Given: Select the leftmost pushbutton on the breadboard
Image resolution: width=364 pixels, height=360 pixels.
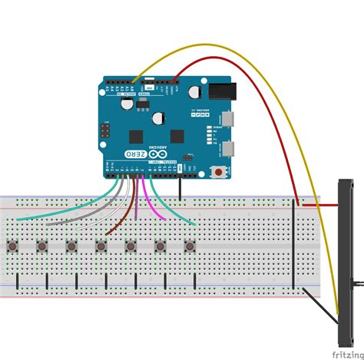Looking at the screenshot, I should [15, 246].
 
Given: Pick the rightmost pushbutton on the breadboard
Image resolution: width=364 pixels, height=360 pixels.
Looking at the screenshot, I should [188, 246].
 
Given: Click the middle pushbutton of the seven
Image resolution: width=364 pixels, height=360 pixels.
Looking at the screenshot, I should [101, 246].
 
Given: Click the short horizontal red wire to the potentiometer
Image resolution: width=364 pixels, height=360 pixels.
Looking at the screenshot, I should [319, 206].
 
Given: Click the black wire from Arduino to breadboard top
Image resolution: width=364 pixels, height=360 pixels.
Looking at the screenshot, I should [180, 188].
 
